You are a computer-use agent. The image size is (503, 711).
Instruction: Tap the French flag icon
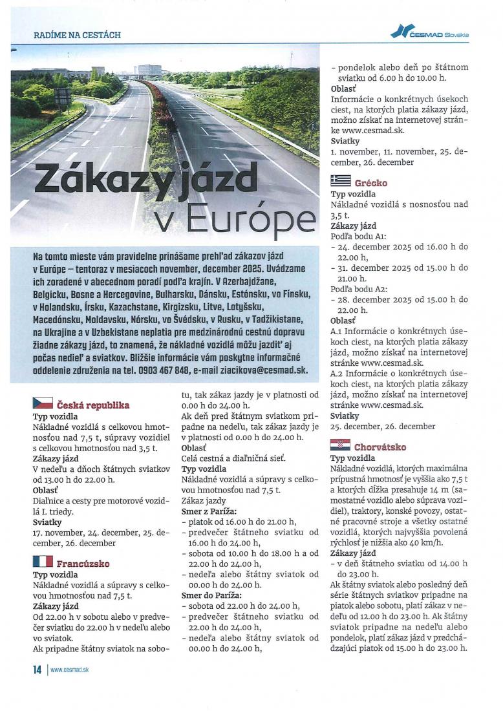[43, 562]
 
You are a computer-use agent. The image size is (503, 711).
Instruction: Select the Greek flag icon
[341, 182]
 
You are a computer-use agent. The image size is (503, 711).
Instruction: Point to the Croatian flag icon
[340, 445]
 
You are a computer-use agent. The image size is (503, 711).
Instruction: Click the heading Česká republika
[93, 405]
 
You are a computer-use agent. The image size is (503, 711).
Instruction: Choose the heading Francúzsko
[83, 563]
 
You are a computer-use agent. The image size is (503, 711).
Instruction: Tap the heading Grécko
[370, 183]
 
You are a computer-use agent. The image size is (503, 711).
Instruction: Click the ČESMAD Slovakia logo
[431, 32]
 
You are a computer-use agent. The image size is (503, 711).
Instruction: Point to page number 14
[36, 670]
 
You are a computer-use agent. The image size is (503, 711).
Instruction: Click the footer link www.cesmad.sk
[69, 670]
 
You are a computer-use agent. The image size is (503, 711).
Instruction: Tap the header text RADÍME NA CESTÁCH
[77, 34]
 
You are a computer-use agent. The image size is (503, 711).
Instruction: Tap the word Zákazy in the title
[92, 180]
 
